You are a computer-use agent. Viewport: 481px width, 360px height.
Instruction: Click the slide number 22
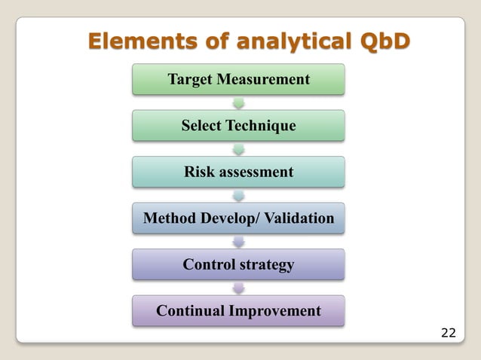coord(448,332)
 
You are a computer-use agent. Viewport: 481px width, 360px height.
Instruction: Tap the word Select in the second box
coord(204,126)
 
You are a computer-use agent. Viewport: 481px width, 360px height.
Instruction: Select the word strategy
coord(266,265)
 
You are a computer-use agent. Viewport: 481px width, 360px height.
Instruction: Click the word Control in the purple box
coord(209,265)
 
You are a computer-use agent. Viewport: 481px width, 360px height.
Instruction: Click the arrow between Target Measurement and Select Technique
coord(239,102)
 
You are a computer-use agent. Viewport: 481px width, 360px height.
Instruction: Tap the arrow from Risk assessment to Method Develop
coord(239,195)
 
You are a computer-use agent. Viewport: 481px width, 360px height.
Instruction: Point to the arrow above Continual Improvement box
coord(239,288)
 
